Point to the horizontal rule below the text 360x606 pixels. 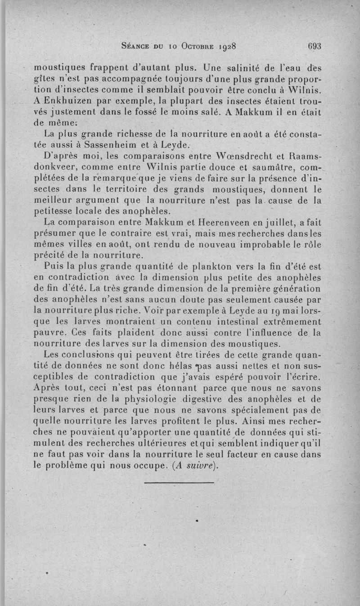pos(180,483)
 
